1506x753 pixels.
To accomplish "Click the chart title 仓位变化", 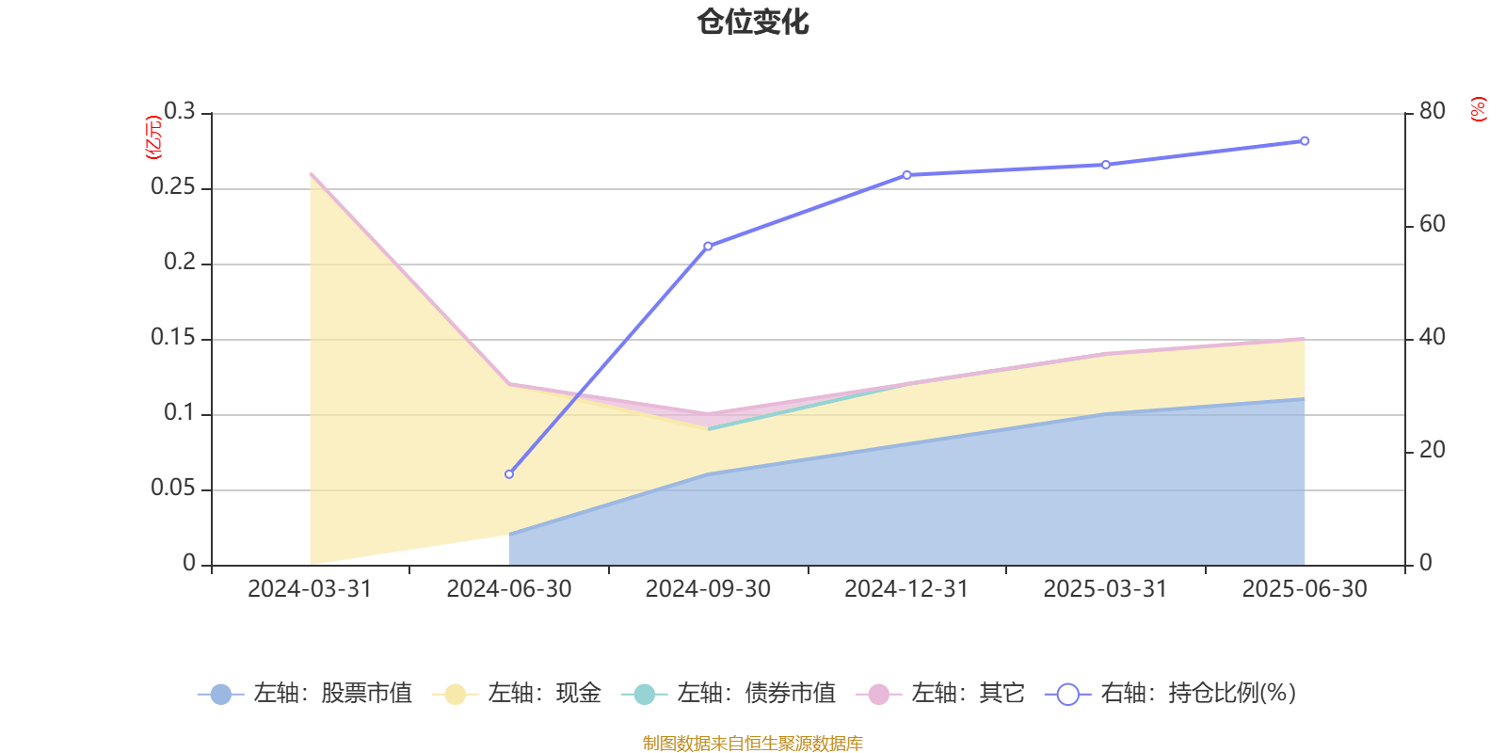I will [x=753, y=22].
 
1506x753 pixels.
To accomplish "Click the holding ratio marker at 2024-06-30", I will [x=509, y=474].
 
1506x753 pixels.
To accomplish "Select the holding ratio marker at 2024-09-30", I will [x=708, y=246].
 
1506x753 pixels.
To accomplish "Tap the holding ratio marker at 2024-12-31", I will [x=906, y=175].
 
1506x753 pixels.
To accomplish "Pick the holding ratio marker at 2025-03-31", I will [x=1106, y=165].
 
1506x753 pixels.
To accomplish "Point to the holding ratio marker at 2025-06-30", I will [x=1305, y=141].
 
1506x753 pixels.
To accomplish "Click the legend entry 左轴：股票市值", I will [x=306, y=694].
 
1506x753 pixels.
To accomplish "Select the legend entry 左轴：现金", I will [x=517, y=694].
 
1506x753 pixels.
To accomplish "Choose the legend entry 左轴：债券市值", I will [x=729, y=694].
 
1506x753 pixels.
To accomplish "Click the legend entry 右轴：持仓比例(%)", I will [x=1171, y=694].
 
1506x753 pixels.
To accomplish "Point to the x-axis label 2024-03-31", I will [x=310, y=589].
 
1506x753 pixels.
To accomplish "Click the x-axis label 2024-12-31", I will [x=906, y=589].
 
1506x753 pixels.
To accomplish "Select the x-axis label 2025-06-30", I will [x=1305, y=589].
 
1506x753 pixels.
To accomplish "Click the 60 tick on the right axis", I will [x=1432, y=224].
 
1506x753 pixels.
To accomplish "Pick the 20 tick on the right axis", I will [x=1432, y=450].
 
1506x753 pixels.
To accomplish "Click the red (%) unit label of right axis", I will [x=1478, y=109].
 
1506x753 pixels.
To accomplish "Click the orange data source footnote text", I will [x=753, y=744].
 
